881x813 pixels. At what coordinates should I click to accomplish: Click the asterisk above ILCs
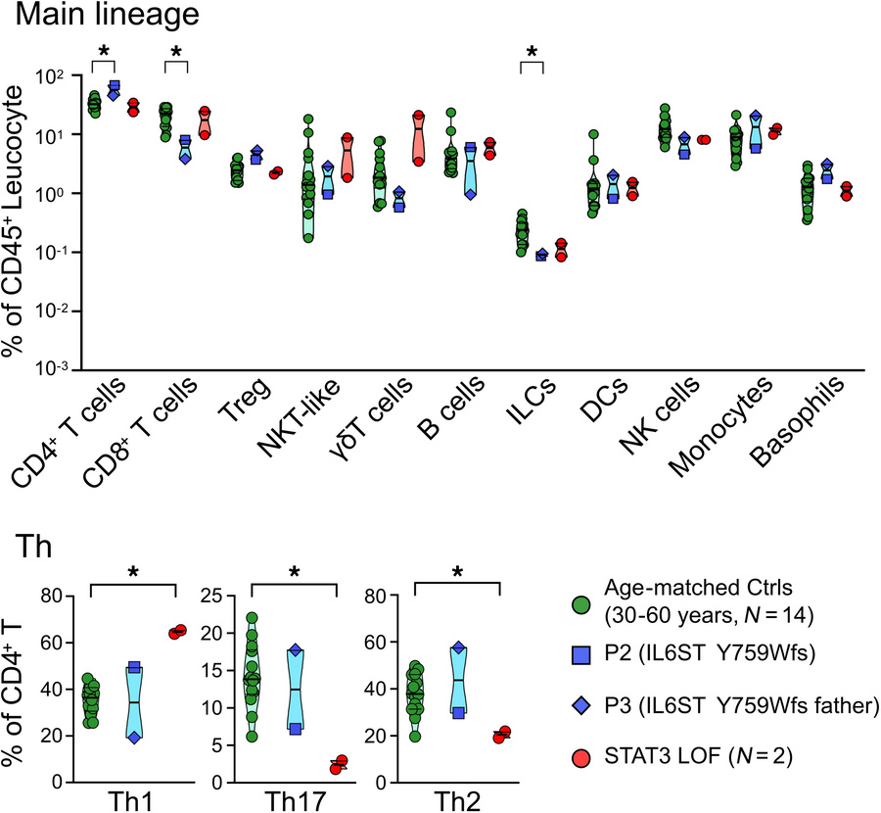point(531,52)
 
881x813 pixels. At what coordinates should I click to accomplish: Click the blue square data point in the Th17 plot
point(295,729)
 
